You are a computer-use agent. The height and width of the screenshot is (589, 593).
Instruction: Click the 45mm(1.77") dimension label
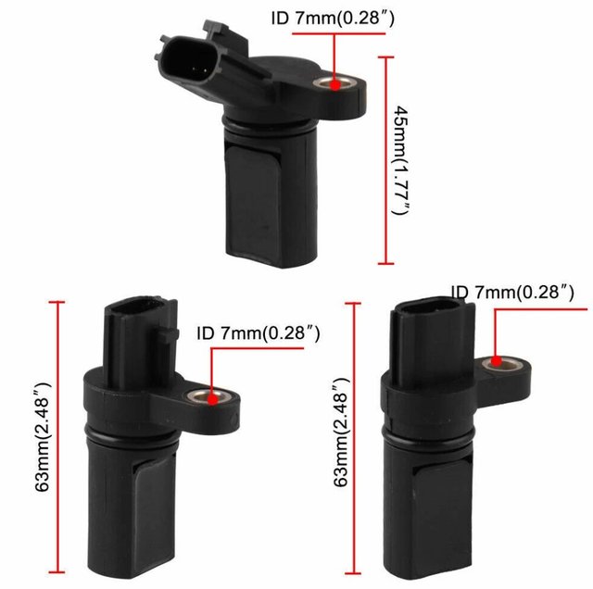[399, 160]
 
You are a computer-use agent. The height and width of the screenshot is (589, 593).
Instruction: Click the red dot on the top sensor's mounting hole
[332, 85]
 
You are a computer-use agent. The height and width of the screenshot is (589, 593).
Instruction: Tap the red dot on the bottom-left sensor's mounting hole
[215, 399]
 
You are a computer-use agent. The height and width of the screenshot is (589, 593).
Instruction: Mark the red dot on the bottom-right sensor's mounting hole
[497, 360]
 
